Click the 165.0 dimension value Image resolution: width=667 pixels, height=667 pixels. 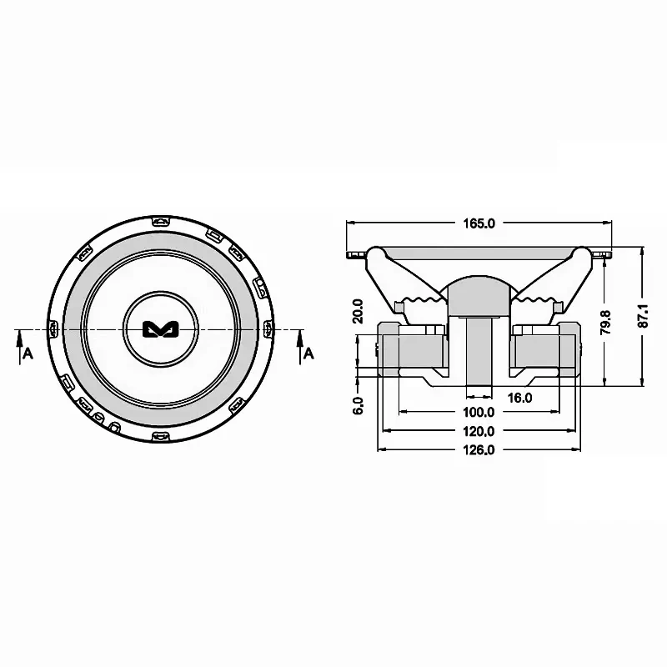click(x=478, y=223)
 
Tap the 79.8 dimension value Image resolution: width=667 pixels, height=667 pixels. click(x=606, y=321)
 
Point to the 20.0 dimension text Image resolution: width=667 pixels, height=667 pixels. click(x=359, y=311)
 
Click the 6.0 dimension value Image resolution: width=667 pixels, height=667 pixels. click(x=358, y=406)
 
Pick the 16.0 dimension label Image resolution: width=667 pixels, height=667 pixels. click(x=519, y=399)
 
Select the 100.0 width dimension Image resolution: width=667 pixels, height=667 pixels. click(x=478, y=413)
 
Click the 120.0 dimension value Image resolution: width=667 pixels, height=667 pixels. click(x=478, y=431)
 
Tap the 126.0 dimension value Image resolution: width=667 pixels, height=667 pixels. click(x=478, y=449)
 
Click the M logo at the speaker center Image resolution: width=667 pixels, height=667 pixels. click(x=155, y=329)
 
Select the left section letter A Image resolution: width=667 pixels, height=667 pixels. click(x=28, y=354)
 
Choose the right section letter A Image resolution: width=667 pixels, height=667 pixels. click(x=308, y=354)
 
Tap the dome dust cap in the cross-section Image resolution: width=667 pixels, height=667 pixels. click(x=478, y=294)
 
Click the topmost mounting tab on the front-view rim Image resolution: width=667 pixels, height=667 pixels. click(x=160, y=221)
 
